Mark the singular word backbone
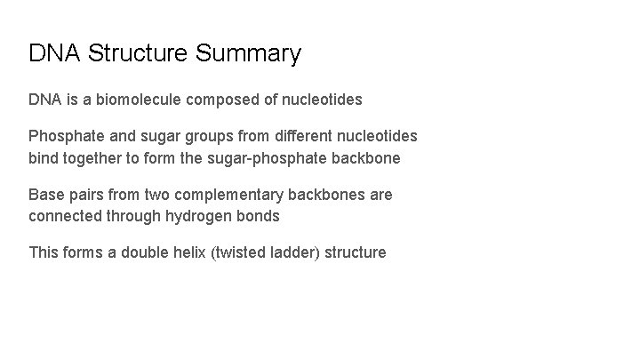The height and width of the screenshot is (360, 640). (x=388, y=158)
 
